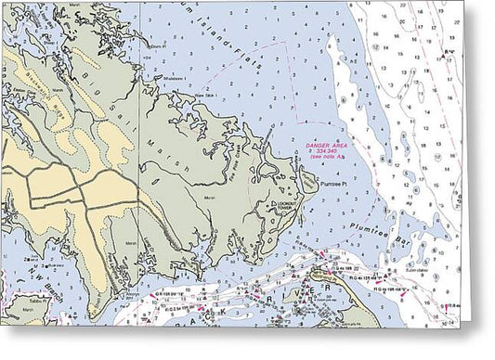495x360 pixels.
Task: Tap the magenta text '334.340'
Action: tap(330, 154)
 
